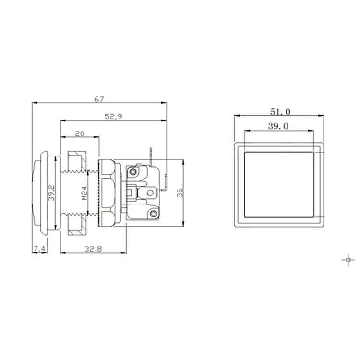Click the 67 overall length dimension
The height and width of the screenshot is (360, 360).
(99, 99)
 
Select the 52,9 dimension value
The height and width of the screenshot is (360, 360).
(113, 117)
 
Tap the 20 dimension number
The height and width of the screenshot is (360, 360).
(80, 133)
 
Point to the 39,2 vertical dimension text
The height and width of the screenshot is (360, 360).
(52, 193)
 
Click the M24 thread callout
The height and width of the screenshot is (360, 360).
(84, 193)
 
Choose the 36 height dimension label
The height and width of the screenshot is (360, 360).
(180, 192)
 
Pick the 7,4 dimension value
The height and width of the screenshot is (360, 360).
(40, 249)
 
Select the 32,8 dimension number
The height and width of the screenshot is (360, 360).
(93, 249)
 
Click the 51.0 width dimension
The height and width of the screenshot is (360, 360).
(280, 112)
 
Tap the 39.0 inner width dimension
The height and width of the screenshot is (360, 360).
(278, 126)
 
